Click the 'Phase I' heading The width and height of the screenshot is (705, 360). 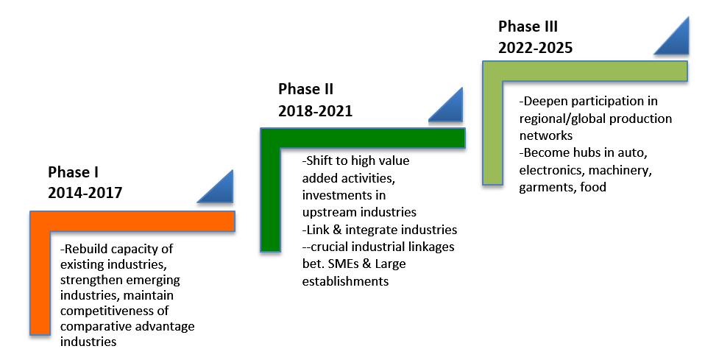click(x=74, y=172)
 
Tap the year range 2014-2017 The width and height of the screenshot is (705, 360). click(x=85, y=193)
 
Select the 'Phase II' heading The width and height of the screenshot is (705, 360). click(x=305, y=89)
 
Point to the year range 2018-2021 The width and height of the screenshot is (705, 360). click(x=315, y=110)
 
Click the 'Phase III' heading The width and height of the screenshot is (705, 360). click(x=528, y=27)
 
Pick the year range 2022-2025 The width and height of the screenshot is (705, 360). click(x=535, y=48)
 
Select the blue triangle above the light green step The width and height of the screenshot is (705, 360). click(x=672, y=36)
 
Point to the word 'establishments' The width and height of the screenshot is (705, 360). click(x=345, y=281)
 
